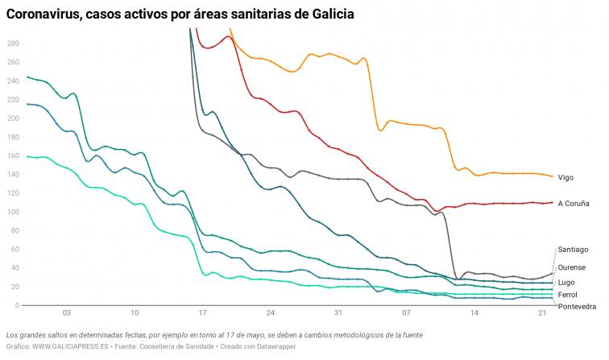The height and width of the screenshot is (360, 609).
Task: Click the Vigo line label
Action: (x=565, y=177)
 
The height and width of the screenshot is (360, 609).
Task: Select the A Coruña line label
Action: (x=574, y=204)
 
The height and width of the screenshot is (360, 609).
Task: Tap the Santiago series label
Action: (x=573, y=250)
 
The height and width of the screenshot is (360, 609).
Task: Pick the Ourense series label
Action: (x=572, y=267)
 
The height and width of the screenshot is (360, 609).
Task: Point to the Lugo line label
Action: (x=566, y=283)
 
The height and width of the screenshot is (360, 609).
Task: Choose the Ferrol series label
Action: (x=568, y=295)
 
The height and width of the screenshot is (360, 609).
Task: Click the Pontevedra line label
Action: (x=577, y=307)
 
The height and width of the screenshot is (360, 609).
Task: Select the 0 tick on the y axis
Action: (x=16, y=306)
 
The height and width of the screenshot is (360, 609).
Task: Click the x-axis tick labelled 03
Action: (x=66, y=312)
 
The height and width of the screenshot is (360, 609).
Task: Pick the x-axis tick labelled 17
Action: (x=202, y=312)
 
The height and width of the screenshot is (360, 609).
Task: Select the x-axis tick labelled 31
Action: (x=338, y=312)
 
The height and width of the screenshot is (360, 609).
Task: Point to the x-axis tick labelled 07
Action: (x=407, y=312)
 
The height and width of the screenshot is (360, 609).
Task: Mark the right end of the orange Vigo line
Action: (x=553, y=176)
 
